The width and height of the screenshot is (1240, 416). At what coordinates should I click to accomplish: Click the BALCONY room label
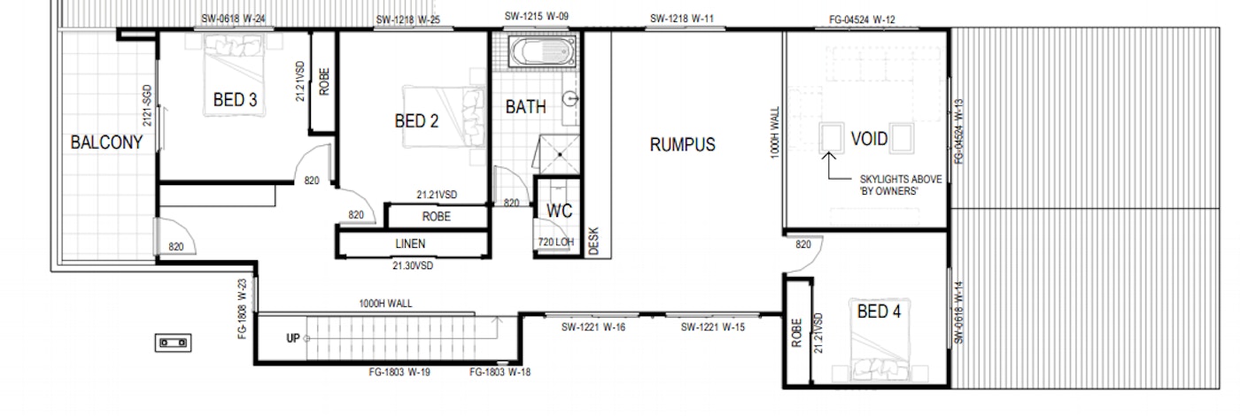[x=106, y=143]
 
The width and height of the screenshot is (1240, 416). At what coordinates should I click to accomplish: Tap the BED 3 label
[x=236, y=99]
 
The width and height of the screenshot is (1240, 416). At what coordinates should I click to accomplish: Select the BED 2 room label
[x=416, y=120]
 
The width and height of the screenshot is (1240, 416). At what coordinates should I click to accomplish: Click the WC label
[x=559, y=211]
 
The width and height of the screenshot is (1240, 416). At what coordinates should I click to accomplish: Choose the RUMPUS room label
[x=683, y=144]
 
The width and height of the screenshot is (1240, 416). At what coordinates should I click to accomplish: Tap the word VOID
[x=869, y=138]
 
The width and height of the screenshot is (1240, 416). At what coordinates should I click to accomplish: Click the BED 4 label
[x=879, y=312]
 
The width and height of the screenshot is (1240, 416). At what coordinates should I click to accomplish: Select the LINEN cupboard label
[x=410, y=243]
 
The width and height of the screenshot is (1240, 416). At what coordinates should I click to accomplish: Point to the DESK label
[x=593, y=241]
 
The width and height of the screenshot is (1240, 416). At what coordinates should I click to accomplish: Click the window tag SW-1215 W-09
[x=537, y=17]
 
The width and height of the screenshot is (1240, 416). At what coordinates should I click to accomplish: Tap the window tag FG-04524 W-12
[x=862, y=19]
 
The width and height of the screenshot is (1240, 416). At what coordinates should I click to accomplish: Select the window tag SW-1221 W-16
[x=593, y=327]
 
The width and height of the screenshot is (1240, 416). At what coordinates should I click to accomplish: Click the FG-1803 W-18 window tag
[x=500, y=373]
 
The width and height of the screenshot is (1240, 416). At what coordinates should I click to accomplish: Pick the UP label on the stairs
[x=293, y=338]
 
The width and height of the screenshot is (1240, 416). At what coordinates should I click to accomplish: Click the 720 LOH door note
[x=556, y=243]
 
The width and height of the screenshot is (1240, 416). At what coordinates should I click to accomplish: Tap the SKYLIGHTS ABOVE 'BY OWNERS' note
[x=901, y=185]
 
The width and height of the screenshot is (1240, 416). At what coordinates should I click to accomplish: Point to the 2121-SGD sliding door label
[x=147, y=105]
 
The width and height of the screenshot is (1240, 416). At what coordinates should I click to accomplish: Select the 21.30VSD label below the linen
[x=413, y=266]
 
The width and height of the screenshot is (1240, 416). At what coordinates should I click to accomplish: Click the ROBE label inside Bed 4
[x=796, y=333]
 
